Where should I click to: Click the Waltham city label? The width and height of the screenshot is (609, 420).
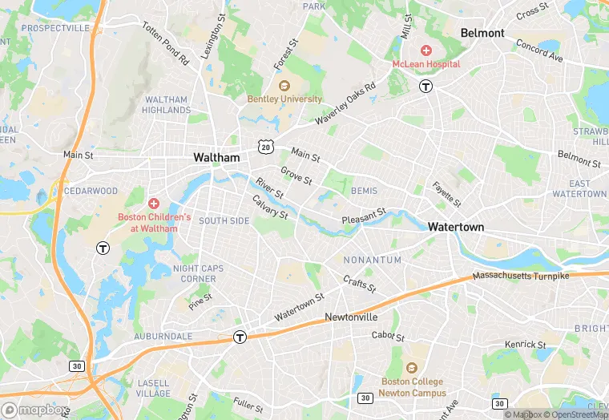[216, 158]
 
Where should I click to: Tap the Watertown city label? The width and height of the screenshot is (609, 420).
[456, 227]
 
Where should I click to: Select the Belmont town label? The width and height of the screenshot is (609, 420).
[482, 33]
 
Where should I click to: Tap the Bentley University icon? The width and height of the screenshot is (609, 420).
[283, 86]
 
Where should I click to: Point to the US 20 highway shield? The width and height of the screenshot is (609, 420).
[264, 146]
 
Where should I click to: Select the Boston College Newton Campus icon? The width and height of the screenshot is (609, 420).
[411, 368]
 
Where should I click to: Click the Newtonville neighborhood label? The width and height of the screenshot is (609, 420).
[351, 317]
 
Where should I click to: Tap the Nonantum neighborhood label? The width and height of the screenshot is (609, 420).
[372, 260]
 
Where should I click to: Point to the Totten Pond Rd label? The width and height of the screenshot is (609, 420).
[165, 43]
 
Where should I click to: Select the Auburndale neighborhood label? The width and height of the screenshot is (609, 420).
[163, 336]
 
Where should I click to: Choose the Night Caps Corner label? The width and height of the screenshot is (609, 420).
[195, 273]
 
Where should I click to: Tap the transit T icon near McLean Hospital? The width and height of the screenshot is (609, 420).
[427, 86]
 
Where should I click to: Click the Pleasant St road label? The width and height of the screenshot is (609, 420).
[364, 216]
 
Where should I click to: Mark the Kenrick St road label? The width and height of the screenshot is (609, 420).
[525, 345]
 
